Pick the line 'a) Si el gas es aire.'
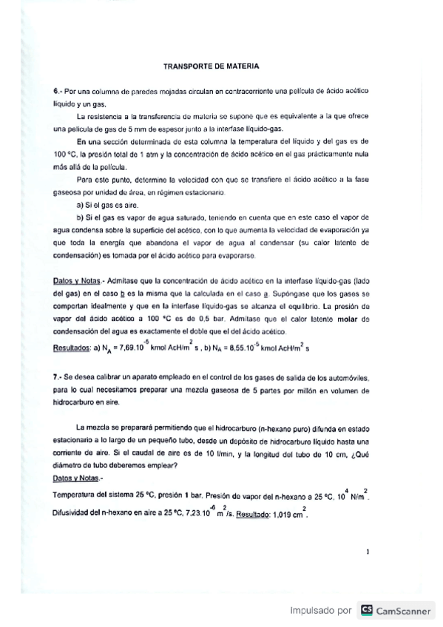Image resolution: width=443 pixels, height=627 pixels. click(x=105, y=204)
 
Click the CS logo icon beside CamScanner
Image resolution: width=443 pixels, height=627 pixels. click(x=366, y=611)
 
